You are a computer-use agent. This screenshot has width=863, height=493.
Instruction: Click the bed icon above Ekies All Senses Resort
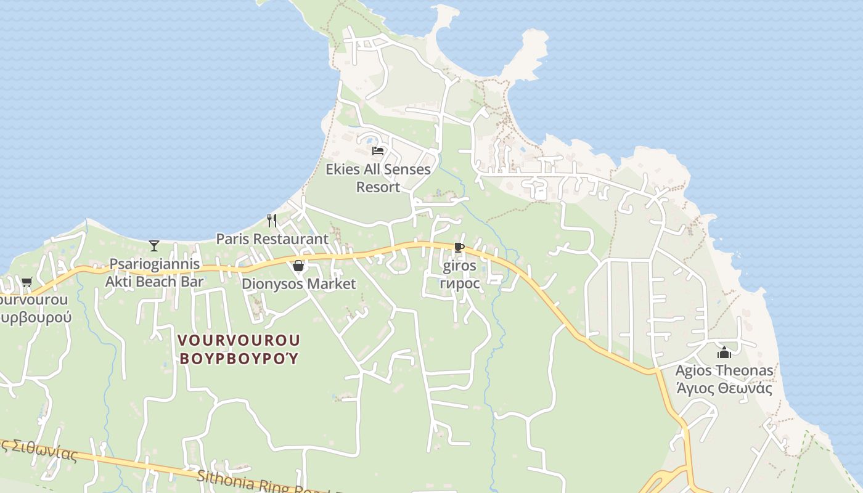pos(378,150)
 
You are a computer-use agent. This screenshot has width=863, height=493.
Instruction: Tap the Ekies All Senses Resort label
pos(378,177)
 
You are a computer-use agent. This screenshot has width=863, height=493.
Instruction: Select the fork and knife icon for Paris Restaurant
pos(272,220)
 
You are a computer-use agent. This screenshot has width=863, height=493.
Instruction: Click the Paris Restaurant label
pos(272,238)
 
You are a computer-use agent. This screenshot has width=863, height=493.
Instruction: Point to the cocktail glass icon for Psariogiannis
pos(154,246)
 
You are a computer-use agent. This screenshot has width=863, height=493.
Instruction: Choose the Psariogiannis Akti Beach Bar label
pos(154,273)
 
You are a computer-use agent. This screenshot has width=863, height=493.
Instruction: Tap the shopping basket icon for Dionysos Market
pos(298,266)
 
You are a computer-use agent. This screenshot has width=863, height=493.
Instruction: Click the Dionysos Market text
pos(298,284)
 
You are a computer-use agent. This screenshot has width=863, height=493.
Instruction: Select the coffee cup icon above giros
pos(459,248)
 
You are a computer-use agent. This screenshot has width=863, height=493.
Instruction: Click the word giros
pos(460,266)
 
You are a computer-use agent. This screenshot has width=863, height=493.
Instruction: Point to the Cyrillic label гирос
pos(460,283)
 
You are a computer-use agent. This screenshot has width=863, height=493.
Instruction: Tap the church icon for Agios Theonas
pos(724,352)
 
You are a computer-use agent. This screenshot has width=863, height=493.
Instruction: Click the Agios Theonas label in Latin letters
pos(724,371)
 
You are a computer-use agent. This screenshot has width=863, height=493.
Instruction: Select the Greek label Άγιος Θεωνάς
pos(724,388)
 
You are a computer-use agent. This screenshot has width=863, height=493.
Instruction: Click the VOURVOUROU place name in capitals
pos(239,340)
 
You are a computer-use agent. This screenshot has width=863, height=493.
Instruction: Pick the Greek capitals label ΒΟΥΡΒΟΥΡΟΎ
pos(239,358)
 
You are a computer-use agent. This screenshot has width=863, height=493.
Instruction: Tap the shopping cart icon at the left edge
pos(27,282)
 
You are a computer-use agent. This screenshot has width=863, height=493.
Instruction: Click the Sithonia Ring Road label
pos(259,481)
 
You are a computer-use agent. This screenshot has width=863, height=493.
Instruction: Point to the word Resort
pos(378,187)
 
